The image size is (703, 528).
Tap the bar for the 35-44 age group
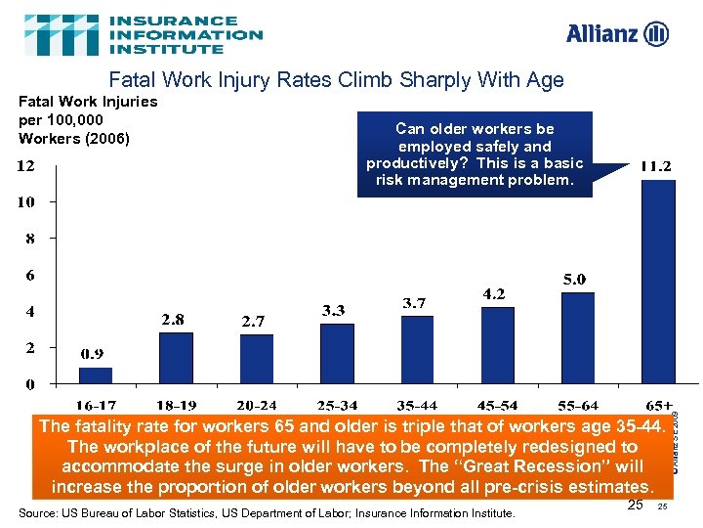point(417,349)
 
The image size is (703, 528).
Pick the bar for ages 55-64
point(578,337)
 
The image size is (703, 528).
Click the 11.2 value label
point(655,166)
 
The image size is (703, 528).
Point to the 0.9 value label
point(94,353)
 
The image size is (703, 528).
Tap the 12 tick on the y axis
point(26,166)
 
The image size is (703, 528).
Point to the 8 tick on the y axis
point(31,239)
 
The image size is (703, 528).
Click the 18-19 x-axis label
point(177,404)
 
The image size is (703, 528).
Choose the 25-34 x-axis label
point(337,404)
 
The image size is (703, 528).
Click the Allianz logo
point(617,34)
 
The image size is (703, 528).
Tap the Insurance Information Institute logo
point(144,34)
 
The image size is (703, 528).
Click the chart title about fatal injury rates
point(336,80)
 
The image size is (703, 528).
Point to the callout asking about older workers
point(475,154)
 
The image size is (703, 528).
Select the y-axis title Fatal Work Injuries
point(88,119)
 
